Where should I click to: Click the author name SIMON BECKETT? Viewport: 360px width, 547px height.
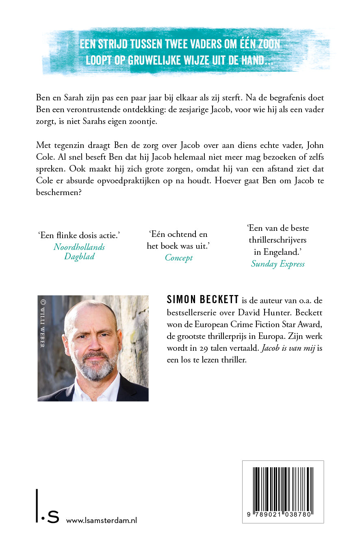(x=203, y=300)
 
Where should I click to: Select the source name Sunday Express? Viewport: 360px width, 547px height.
(x=278, y=264)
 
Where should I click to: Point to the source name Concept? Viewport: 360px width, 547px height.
(x=179, y=258)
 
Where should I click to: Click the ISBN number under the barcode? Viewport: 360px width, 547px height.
(x=283, y=514)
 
